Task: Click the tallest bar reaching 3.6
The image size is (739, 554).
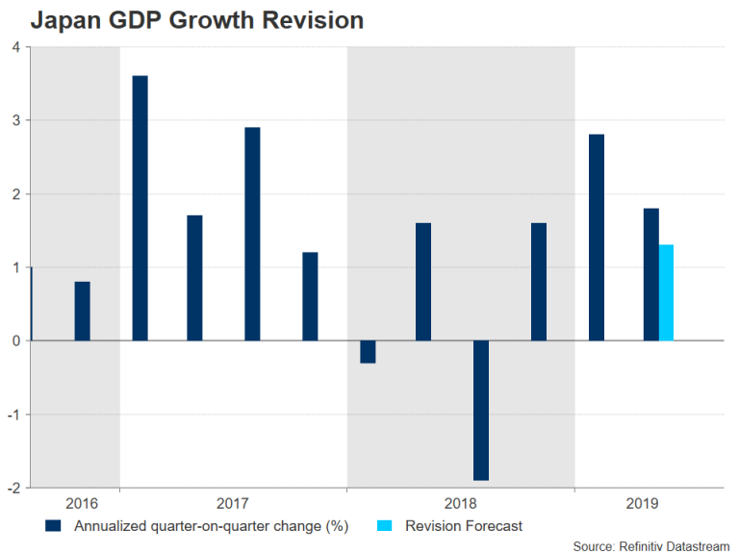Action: click(x=140, y=208)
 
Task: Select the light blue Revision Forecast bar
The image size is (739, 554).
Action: click(x=666, y=292)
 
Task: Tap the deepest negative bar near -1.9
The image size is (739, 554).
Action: click(x=480, y=410)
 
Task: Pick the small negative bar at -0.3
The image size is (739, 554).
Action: click(x=367, y=351)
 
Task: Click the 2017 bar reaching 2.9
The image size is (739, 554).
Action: click(x=252, y=234)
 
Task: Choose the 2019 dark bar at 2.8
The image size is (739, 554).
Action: click(x=596, y=238)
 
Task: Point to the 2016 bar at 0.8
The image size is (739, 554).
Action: click(x=82, y=311)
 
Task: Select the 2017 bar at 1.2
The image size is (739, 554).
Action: click(x=310, y=296)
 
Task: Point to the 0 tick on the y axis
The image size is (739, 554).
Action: click(x=16, y=340)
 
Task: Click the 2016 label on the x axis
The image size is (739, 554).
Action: click(x=82, y=503)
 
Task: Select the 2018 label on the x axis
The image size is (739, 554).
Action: click(x=461, y=503)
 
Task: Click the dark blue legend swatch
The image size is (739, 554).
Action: click(x=55, y=525)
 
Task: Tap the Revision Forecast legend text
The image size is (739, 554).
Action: click(x=464, y=525)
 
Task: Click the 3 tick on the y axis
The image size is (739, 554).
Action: click(x=16, y=120)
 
